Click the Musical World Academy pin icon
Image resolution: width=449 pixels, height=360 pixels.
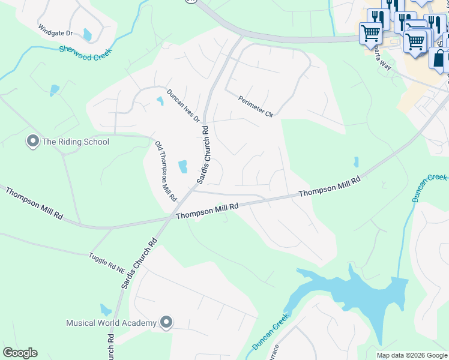[166, 323]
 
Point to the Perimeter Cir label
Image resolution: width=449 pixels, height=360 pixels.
[255, 107]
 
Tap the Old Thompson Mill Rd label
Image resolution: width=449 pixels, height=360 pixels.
[166, 171]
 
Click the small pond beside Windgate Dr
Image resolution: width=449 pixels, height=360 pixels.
[88, 34]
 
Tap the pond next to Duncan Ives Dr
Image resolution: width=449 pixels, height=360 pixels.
[160, 101]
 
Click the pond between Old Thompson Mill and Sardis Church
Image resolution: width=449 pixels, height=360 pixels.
[183, 166]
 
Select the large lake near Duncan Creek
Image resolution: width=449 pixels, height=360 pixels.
[354, 294]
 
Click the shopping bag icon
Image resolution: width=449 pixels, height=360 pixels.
[439, 59]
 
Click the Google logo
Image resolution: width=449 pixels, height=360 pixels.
[20, 353]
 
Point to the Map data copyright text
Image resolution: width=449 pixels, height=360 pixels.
[412, 355]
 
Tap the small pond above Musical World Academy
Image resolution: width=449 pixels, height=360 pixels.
[106, 310]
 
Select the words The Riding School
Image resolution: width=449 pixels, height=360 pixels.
[76, 142]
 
